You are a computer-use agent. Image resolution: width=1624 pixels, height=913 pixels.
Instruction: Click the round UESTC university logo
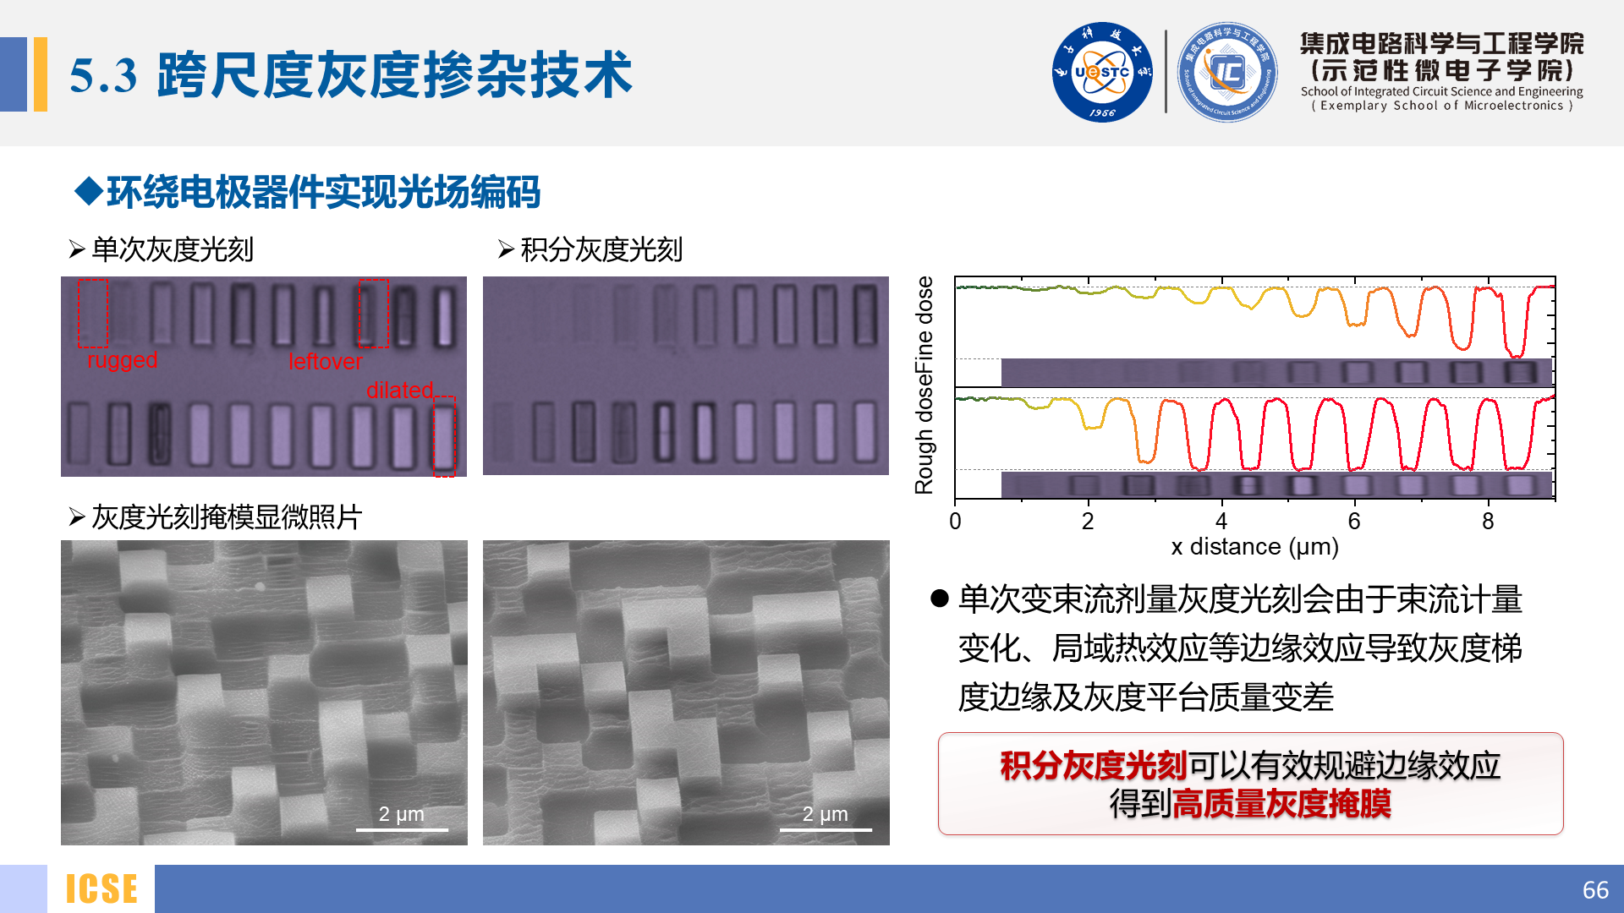(x=1102, y=72)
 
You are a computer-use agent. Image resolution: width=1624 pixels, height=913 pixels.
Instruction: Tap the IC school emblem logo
(x=1227, y=72)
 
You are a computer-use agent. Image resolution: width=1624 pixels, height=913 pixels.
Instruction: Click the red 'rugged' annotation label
(x=123, y=360)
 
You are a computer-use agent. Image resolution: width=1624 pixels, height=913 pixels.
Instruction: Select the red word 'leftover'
(x=326, y=362)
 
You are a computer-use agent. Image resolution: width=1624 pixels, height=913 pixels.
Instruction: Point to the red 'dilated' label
(x=400, y=390)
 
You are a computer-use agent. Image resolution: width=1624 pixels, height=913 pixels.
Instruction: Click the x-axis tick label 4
(x=1221, y=521)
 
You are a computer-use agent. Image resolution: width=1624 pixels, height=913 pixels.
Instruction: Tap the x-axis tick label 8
(x=1488, y=521)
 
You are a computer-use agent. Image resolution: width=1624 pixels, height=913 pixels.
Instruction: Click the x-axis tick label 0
(x=955, y=521)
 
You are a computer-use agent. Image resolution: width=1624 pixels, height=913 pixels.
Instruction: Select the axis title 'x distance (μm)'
(x=1255, y=547)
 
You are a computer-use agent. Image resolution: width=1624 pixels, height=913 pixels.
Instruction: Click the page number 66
(x=1595, y=890)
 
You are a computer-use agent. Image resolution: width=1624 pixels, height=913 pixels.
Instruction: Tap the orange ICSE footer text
(x=101, y=889)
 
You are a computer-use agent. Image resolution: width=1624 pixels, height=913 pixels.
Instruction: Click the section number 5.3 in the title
(x=103, y=75)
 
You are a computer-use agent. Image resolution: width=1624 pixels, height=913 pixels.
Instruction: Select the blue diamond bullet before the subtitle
(x=88, y=191)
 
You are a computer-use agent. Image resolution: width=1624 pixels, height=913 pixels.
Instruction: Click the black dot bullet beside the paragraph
(x=940, y=599)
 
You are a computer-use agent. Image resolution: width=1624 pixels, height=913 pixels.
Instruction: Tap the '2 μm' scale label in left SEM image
(x=401, y=813)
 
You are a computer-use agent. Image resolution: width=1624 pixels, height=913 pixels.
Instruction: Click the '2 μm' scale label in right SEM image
(x=825, y=813)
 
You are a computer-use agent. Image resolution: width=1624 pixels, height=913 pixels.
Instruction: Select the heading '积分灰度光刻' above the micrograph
(x=601, y=249)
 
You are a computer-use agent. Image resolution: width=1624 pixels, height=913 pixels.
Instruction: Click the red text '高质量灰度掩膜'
(x=1281, y=803)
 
